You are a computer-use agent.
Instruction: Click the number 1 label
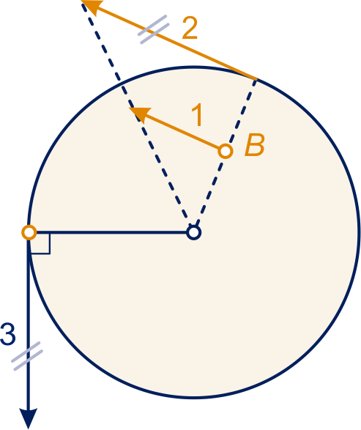point(198,115)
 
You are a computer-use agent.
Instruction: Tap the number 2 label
point(190,29)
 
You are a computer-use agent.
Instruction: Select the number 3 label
point(7,334)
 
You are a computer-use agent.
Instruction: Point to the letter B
point(255,145)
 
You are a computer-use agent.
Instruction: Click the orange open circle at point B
point(226,151)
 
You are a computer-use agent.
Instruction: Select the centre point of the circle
point(194,232)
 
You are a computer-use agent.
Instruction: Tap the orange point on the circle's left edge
point(29,232)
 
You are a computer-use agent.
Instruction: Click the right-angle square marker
point(40,243)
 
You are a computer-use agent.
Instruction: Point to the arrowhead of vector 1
point(140,114)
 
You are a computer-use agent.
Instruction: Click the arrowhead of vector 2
point(92,7)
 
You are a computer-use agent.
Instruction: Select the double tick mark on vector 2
point(154,29)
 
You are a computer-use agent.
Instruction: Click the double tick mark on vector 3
point(27,356)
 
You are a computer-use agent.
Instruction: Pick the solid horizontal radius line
point(111,232)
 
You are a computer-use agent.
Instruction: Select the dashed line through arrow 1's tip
point(137,115)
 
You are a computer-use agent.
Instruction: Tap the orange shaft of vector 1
point(181,131)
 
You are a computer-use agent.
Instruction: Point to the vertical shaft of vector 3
point(29,324)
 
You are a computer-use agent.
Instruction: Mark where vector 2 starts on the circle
point(256,79)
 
